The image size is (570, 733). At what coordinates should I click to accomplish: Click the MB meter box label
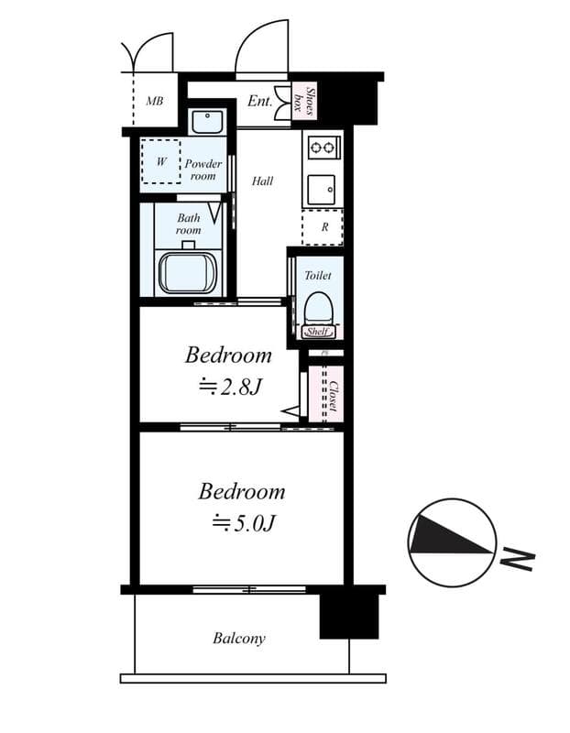pyautogui.click(x=154, y=101)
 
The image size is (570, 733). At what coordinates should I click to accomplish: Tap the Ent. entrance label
pyautogui.click(x=259, y=101)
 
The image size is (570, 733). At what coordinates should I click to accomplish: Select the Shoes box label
pyautogui.click(x=303, y=101)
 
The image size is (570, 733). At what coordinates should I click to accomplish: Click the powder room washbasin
pyautogui.click(x=207, y=122)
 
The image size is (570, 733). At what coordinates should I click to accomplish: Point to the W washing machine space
pyautogui.click(x=161, y=161)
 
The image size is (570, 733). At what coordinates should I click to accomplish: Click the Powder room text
pyautogui.click(x=203, y=170)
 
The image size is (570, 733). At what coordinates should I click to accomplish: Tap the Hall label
pyautogui.click(x=262, y=181)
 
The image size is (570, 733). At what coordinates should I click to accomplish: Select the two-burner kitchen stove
pyautogui.click(x=323, y=148)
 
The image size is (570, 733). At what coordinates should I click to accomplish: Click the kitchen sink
pyautogui.click(x=322, y=190)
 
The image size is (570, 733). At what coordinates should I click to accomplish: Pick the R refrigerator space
pyautogui.click(x=323, y=227)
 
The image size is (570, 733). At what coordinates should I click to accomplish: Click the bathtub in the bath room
pyautogui.click(x=188, y=273)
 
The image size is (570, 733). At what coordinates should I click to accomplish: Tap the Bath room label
pyautogui.click(x=189, y=224)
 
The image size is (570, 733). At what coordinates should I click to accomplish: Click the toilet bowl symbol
pyautogui.click(x=317, y=309)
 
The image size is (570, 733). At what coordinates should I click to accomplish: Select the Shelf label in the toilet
pyautogui.click(x=317, y=332)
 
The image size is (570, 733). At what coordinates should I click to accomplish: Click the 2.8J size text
pyautogui.click(x=230, y=387)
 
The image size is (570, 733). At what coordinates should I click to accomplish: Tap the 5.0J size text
pyautogui.click(x=243, y=523)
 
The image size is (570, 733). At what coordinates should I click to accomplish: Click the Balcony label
pyautogui.click(x=239, y=638)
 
